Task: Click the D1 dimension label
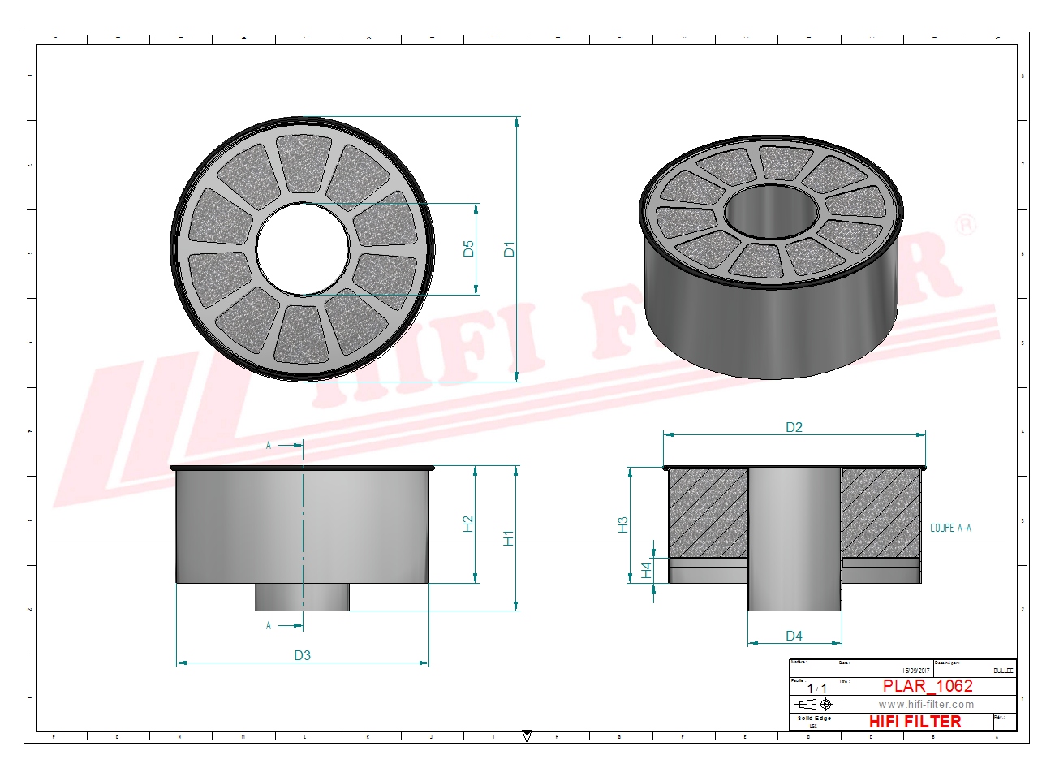point(509,248)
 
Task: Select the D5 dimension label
point(468,248)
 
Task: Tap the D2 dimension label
point(794,427)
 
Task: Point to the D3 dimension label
point(302,655)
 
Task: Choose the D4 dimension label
point(794,636)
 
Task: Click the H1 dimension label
point(509,537)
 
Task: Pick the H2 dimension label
point(468,524)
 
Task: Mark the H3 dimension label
point(622,524)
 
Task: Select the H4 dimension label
point(647,570)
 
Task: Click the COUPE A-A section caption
point(950,528)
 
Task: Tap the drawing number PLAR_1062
point(928,686)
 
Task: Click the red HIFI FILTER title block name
point(915,722)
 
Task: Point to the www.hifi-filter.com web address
point(926,705)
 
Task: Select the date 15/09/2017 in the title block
point(916,671)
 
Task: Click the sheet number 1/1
point(816,689)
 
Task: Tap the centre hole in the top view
point(303,248)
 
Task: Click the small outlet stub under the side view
point(303,597)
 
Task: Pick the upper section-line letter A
point(269,445)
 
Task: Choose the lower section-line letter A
point(269,625)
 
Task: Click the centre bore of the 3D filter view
point(771,213)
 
